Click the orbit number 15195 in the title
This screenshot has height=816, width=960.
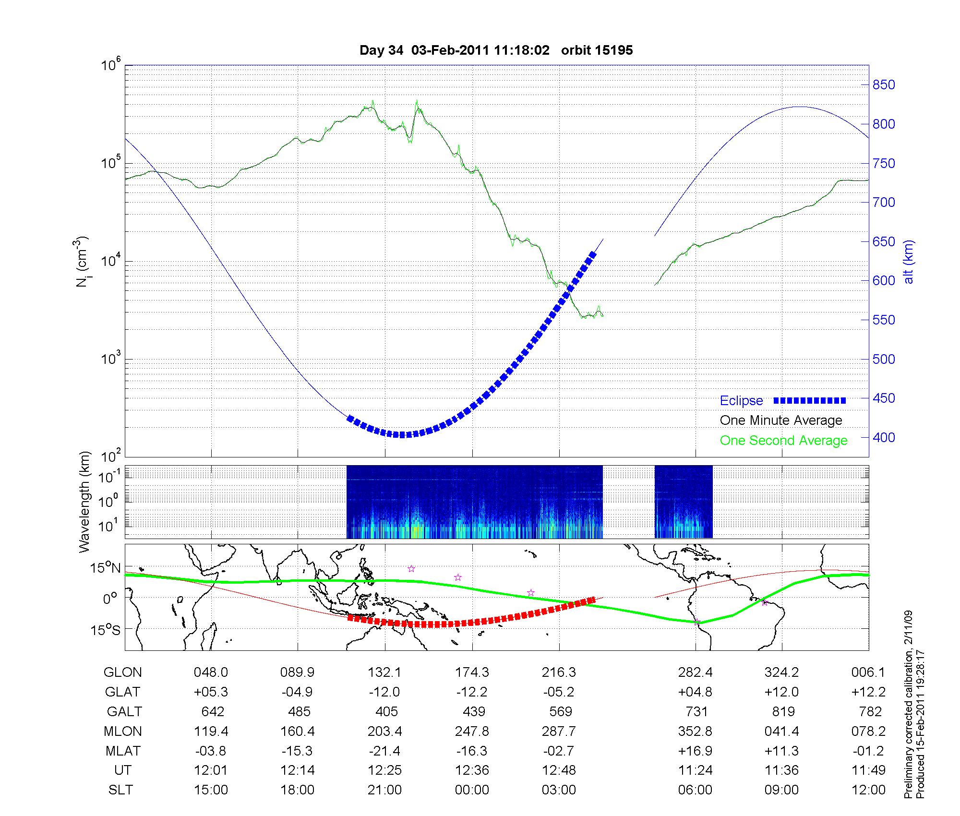597,50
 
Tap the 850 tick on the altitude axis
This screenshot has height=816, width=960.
884,85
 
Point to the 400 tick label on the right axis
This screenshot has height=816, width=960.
884,437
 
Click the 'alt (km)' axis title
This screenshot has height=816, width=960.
909,262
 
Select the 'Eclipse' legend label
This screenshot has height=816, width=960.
741,400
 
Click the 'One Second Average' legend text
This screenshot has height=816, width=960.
783,441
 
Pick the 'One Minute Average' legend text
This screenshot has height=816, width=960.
781,420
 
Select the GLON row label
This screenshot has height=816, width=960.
122,672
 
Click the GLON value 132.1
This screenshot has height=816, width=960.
384,672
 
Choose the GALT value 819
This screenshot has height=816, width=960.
783,711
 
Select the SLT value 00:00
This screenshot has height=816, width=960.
472,790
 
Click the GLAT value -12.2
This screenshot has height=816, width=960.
472,692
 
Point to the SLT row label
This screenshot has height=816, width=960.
120,790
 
